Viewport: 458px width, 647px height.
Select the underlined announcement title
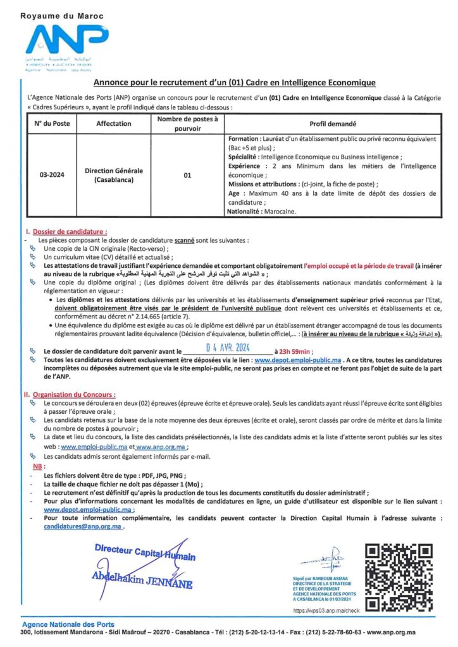coord(235,82)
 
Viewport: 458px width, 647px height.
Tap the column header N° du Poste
coord(53,124)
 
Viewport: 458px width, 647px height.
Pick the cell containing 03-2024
coord(53,175)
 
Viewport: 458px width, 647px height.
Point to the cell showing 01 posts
coord(187,175)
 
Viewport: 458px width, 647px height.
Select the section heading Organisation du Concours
coord(70,394)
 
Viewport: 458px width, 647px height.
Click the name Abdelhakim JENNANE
coord(142,579)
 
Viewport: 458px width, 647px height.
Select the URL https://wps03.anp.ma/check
coord(326,611)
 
